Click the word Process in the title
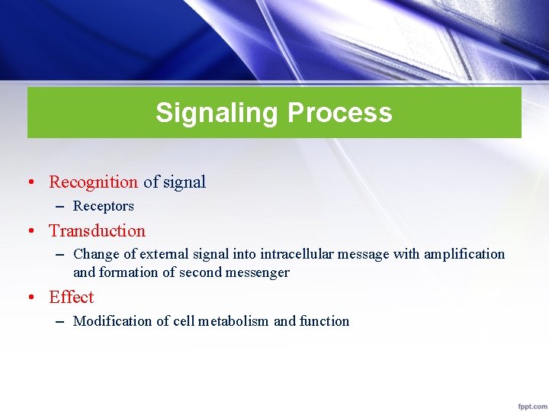(339, 113)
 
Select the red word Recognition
(93, 182)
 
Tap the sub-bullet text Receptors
(103, 206)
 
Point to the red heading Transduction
(97, 230)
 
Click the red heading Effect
(71, 297)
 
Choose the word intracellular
(298, 254)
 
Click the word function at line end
(324, 321)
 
